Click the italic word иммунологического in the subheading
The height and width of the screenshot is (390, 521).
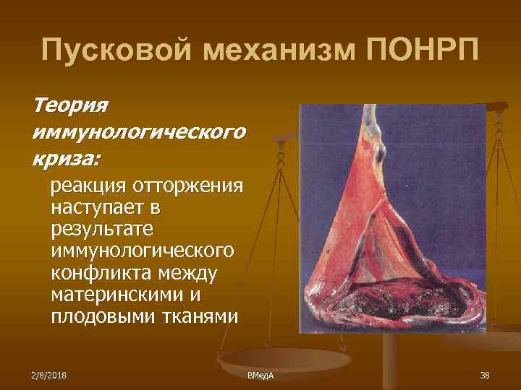coord(138,131)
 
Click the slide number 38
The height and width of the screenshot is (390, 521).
coord(484,374)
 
